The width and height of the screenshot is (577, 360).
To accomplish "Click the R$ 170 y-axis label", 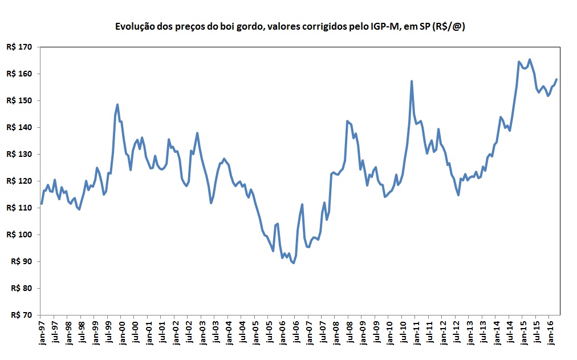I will [x=19, y=47].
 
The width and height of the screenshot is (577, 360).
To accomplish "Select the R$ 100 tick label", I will [x=19, y=234].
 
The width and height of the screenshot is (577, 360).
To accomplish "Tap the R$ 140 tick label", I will [x=19, y=127].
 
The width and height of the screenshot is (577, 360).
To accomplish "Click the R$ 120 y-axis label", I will [x=19, y=181].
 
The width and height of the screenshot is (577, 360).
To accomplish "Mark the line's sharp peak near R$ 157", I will [x=412, y=82].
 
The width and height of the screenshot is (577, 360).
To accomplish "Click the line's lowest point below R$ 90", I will [x=293, y=263].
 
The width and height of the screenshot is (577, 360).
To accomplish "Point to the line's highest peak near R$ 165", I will [x=530, y=59].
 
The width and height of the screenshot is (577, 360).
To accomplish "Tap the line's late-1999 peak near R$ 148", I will [x=117, y=104].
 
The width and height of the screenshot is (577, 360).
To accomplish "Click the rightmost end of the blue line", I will [x=556, y=79].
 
